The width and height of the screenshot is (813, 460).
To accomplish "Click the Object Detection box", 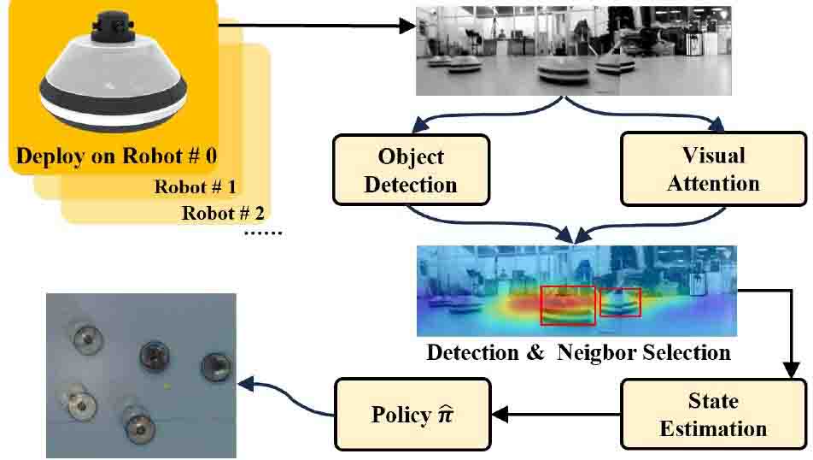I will click(x=411, y=169).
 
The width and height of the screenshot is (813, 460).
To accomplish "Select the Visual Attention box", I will click(x=712, y=169).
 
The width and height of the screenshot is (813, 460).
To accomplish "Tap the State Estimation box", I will click(x=712, y=414).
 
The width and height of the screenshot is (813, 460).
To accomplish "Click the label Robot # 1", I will click(x=195, y=186).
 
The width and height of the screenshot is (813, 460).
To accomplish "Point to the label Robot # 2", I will click(x=221, y=213).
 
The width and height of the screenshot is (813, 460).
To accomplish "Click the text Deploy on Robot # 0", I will click(x=117, y=156).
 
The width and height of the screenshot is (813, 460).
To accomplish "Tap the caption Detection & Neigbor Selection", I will click(x=578, y=351).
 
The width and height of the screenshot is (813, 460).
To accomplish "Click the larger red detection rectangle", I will click(x=568, y=305).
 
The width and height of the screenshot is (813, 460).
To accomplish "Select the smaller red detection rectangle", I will click(x=620, y=302).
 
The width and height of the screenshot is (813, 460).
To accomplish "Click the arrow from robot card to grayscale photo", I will click(x=316, y=26).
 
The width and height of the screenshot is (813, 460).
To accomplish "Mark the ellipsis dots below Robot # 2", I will click(x=262, y=233).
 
